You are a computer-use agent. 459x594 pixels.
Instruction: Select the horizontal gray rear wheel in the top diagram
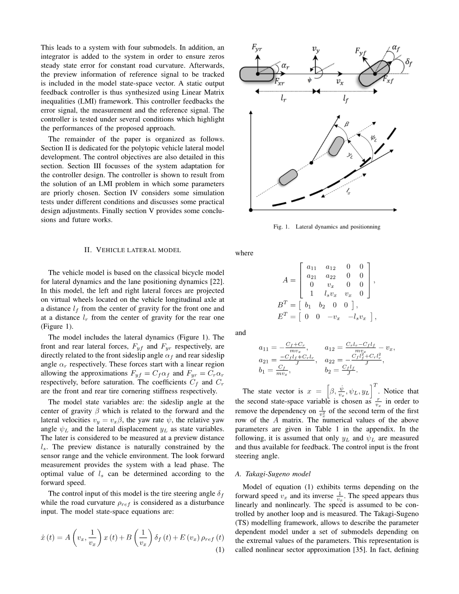257,74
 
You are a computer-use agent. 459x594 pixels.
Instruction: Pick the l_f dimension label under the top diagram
345,99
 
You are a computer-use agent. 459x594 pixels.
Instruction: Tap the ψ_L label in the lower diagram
374,138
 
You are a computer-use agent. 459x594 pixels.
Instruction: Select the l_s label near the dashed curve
348,192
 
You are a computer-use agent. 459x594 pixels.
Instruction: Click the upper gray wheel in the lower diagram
337,146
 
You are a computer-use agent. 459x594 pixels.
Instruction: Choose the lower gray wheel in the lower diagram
288,176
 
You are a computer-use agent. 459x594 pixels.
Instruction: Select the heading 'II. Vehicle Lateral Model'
133,250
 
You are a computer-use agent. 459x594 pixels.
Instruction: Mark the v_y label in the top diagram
315,49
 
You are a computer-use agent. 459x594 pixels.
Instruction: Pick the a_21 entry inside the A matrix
312,276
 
